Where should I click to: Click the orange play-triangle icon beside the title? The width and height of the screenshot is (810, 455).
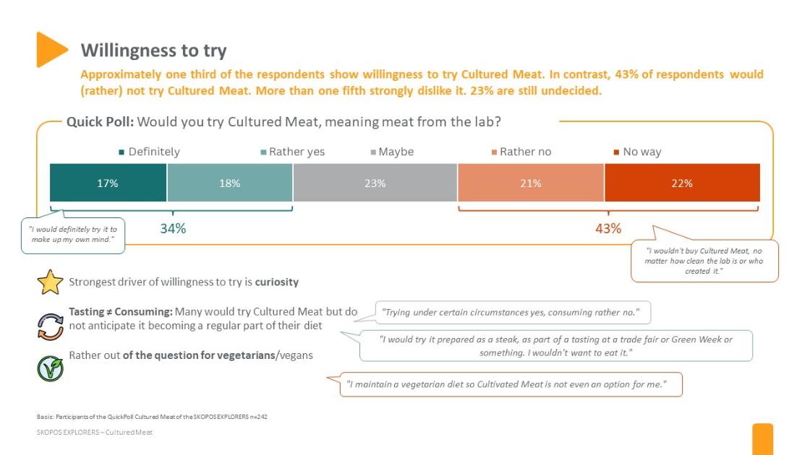click(51, 49)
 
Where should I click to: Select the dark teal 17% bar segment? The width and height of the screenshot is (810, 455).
click(108, 183)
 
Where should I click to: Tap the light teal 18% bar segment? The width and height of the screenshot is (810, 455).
click(230, 183)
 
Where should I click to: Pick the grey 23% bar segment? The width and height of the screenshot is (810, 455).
click(375, 183)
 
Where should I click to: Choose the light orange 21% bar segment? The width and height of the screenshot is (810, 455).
click(531, 183)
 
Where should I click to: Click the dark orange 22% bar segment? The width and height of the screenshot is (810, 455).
click(682, 183)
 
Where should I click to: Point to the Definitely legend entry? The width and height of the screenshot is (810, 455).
click(149, 152)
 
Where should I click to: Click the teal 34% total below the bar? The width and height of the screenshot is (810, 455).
click(173, 228)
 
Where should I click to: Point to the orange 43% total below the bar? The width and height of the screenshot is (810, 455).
click(608, 228)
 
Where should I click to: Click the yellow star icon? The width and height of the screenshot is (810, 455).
click(50, 282)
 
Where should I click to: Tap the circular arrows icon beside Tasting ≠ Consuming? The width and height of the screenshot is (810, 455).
click(50, 326)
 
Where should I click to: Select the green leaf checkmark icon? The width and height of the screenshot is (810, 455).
click(50, 368)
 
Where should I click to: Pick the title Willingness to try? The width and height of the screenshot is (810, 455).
click(153, 51)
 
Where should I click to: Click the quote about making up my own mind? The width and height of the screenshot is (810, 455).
click(72, 234)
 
